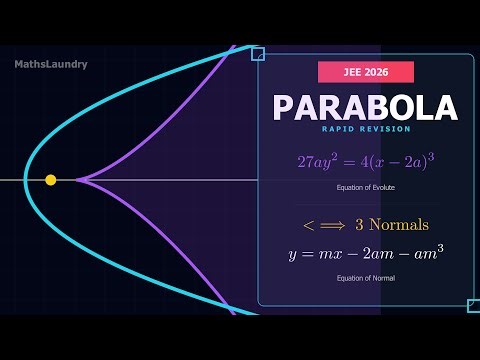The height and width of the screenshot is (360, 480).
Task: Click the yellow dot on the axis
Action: pyautogui.click(x=51, y=180)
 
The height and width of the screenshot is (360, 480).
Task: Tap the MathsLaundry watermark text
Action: pyautogui.click(x=51, y=64)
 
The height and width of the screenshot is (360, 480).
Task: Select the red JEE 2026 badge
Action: pyautogui.click(x=366, y=72)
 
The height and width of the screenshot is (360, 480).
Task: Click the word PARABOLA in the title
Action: pyautogui.click(x=365, y=108)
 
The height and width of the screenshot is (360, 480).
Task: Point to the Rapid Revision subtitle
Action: pyautogui.click(x=365, y=129)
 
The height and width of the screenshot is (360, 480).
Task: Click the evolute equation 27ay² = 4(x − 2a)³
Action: pyautogui.click(x=365, y=161)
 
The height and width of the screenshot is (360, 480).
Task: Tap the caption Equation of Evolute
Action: pyautogui.click(x=365, y=187)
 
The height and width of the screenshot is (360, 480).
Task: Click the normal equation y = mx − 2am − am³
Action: pyautogui.click(x=365, y=254)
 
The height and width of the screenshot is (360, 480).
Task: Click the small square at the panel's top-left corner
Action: pyautogui.click(x=258, y=54)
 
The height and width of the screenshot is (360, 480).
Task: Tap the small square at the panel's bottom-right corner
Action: pyautogui.click(x=473, y=305)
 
